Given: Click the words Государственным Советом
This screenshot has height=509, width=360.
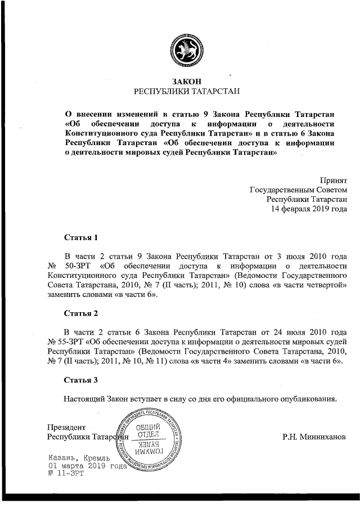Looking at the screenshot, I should (x=298, y=190).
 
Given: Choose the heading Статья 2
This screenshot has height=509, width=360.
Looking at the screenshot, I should (x=81, y=312).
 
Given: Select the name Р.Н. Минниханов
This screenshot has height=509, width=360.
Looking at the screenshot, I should (x=315, y=436).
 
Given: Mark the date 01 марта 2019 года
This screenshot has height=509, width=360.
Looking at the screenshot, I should (x=85, y=466).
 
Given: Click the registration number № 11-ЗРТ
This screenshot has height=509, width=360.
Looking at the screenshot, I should (x=66, y=474).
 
